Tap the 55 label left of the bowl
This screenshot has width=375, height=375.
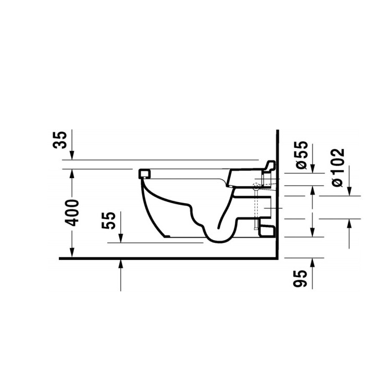click(x=109, y=221)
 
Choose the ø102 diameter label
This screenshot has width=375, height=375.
click(x=338, y=167)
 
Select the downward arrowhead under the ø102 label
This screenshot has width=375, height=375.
click(x=348, y=191)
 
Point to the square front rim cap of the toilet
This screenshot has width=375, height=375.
click(x=145, y=173)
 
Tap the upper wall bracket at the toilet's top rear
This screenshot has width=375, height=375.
click(x=268, y=166)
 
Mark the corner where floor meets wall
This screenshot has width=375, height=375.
click(x=276, y=258)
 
